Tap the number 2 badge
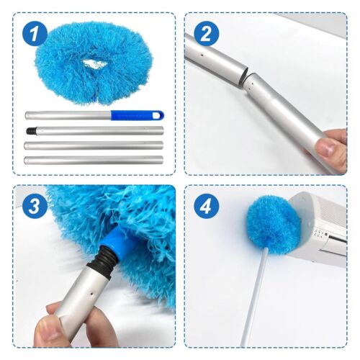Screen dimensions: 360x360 [x=205, y=33]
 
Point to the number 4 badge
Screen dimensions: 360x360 [x=205, y=207]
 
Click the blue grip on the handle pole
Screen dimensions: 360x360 [x=137, y=115]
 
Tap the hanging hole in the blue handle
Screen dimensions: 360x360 [x=160, y=115]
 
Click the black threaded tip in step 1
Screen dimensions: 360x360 [x=32, y=132]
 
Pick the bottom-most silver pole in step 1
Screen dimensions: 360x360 [x=94, y=158]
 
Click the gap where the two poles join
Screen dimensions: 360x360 [x=247, y=74]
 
